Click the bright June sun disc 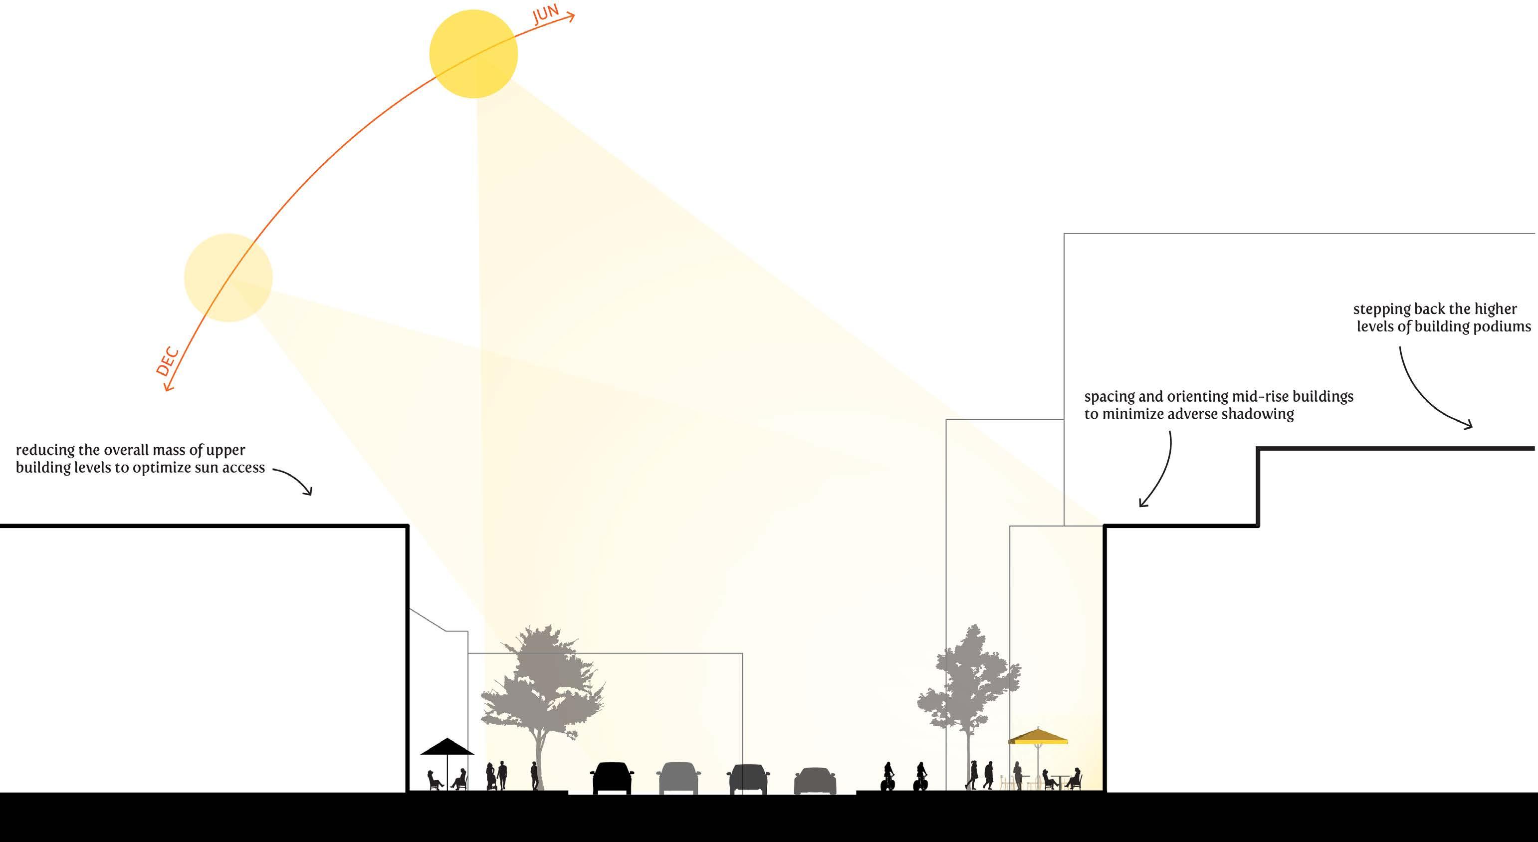[473, 54]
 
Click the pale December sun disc [228, 278]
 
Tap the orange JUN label [545, 13]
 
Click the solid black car [612, 778]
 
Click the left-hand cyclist [888, 777]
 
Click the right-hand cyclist [921, 777]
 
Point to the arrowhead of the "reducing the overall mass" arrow [309, 492]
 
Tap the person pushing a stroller [491, 776]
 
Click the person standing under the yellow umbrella [1017, 775]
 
